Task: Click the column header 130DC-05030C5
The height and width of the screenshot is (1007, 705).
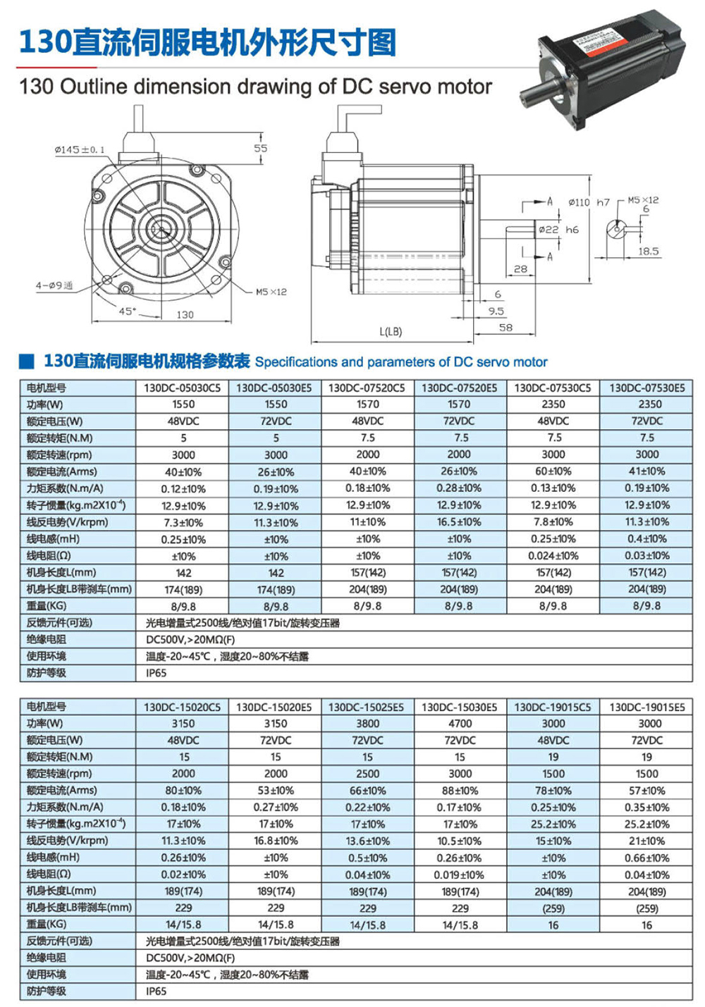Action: coord(183,388)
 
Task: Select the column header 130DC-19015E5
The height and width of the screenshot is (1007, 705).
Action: coord(646,707)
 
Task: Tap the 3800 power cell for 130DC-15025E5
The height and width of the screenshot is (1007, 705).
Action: coord(367,723)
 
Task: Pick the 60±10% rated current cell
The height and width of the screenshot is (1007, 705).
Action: coord(553,471)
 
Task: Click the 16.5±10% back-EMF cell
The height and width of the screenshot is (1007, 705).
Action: coord(459,522)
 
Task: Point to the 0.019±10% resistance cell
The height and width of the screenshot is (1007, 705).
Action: coord(460,875)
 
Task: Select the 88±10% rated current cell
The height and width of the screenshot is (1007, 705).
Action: coord(460,791)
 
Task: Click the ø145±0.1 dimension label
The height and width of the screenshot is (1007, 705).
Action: coord(80,149)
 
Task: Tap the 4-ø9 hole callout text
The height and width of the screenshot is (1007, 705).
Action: coord(54,285)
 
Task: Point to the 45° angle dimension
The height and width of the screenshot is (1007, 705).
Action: coord(127,311)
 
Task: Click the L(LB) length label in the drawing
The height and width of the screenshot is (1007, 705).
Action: coord(391,331)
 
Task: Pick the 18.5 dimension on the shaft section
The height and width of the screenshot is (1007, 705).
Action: coord(648,251)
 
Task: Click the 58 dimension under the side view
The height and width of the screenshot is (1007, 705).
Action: coord(505,328)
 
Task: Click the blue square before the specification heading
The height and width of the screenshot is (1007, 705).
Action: coord(27,362)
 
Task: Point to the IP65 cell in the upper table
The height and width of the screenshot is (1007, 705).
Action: coord(157,673)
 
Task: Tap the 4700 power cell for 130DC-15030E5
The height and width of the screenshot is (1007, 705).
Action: coord(460,723)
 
